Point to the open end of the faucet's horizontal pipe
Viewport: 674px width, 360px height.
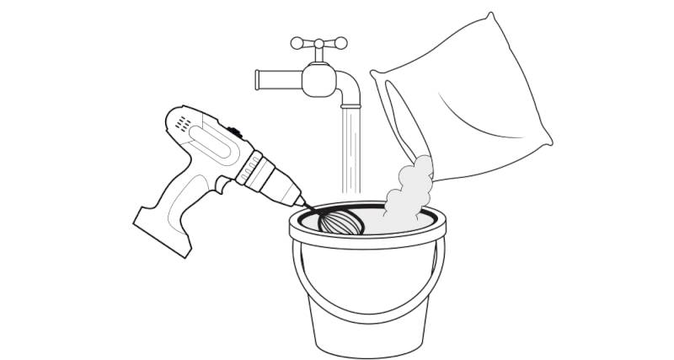click(258, 80)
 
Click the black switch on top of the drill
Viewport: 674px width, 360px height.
click(234, 133)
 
